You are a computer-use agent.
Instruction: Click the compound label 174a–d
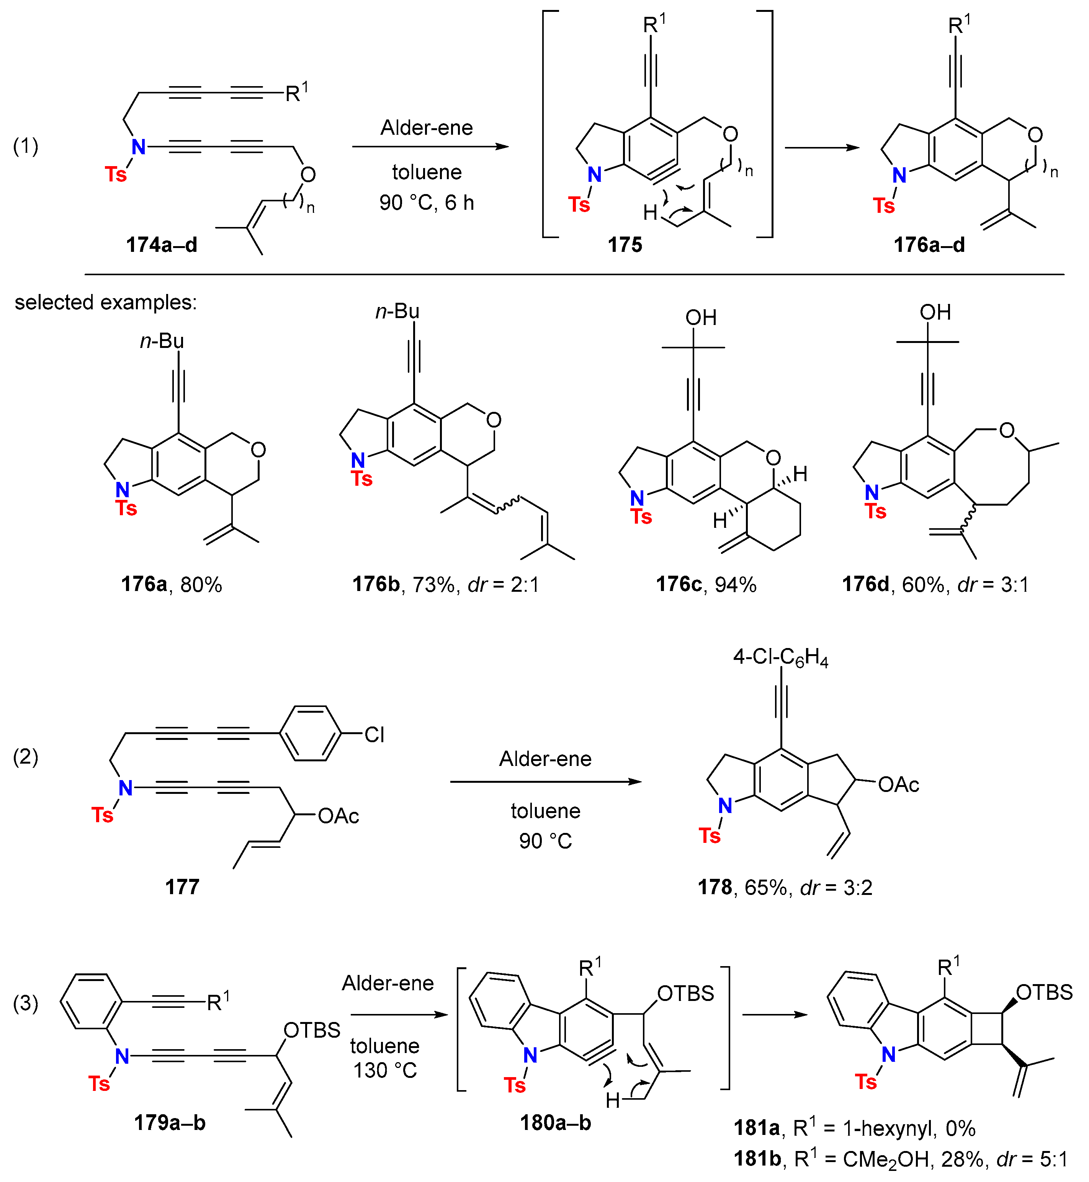[x=162, y=245]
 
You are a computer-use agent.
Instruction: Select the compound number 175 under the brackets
[x=625, y=245]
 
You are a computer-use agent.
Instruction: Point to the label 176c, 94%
[x=706, y=584]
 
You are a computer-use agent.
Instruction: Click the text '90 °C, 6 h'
[x=427, y=202]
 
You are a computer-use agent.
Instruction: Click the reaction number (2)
[x=26, y=757]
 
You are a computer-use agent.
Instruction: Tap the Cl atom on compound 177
[x=374, y=735]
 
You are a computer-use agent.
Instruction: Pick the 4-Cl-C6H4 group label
[x=780, y=657]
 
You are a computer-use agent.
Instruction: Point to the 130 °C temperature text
[x=385, y=1070]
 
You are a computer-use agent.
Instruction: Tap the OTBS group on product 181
[x=1044, y=993]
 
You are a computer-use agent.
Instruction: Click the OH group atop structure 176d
[x=935, y=312]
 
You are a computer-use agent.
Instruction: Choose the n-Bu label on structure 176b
[x=398, y=311]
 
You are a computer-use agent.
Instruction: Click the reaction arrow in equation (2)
[x=545, y=782]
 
